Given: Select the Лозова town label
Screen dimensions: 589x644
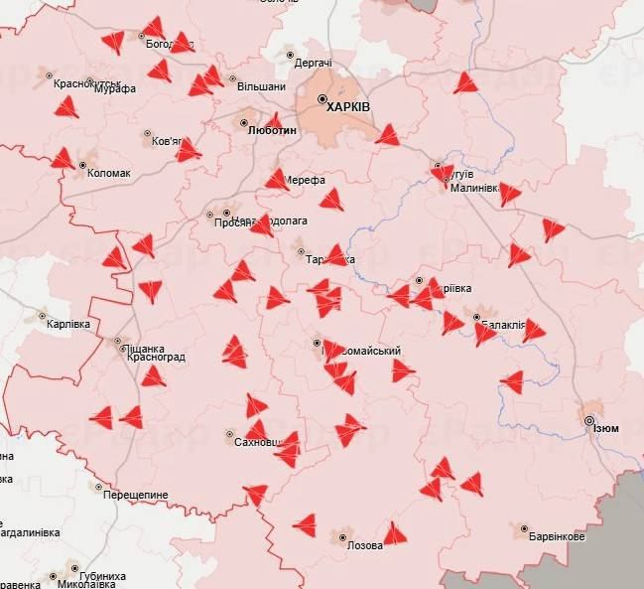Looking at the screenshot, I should pos(364,545).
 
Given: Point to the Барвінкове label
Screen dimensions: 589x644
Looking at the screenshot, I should pos(557,536).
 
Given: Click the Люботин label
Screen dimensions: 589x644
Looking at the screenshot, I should pos(271,129).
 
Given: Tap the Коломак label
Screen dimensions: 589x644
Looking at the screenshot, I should pos(109,173).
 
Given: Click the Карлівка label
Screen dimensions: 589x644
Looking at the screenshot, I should pos(69,325).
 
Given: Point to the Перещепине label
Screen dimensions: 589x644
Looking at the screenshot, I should pos(137,495).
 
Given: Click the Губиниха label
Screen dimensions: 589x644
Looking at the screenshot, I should pos(102,576).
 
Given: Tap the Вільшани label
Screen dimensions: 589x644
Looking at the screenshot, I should pos(262,87).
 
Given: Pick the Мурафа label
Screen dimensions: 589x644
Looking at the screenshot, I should pos(115,88).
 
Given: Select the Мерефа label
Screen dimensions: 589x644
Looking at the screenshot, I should pos(306,181).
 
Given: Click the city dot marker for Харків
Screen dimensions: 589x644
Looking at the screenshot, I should pos(322,99).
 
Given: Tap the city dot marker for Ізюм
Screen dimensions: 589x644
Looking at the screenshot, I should pos(589,421).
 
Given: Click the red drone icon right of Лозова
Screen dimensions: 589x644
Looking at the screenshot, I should pos(395,534).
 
